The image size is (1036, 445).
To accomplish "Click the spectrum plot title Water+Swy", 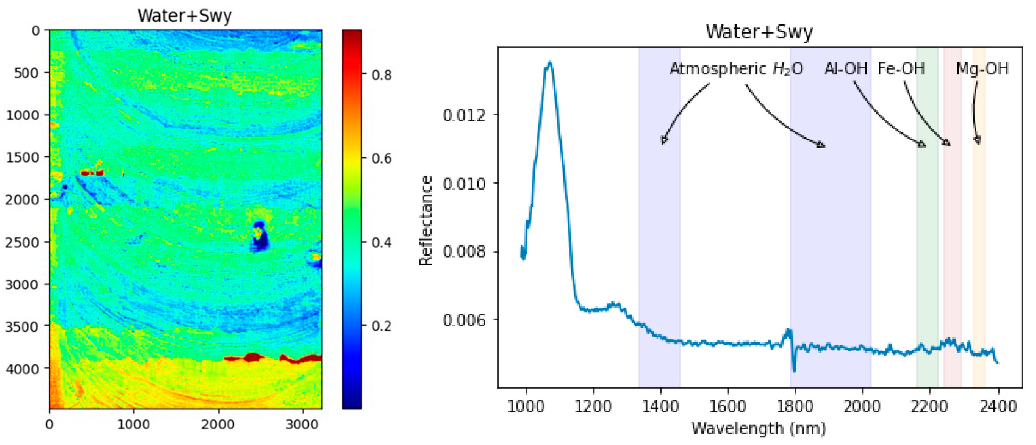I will tap(759, 32).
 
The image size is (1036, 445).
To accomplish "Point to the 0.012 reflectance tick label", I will tap(464, 115).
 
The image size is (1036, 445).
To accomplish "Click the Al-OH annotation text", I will tap(846, 69).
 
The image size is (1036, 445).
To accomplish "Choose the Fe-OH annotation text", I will tap(901, 69).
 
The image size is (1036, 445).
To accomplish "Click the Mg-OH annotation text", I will tap(982, 69).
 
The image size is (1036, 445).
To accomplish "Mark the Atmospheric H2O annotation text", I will tap(736, 69).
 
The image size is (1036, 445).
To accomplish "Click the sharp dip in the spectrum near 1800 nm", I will tap(794, 369).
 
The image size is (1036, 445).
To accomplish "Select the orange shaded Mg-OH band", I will tap(979, 242).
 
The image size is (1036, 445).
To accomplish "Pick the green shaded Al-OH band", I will tap(927, 242).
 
